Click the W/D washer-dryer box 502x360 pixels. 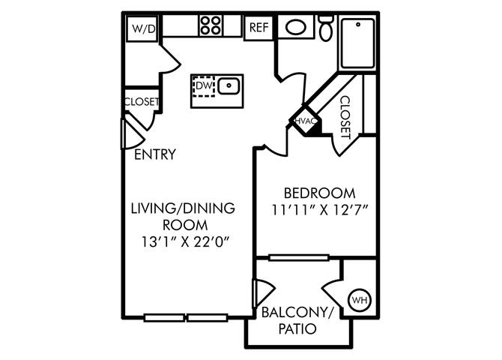142,28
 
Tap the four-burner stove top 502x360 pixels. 211,25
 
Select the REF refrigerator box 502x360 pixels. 258,28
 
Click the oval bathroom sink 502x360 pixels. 296,28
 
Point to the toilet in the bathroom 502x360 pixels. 326,28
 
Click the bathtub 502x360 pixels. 357,43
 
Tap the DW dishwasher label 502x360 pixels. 205,85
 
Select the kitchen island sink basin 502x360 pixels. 229,86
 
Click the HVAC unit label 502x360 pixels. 306,121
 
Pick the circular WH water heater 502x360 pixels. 360,300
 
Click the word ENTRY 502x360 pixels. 155,154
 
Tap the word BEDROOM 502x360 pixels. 319,193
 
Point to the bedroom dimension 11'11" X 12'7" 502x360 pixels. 319,210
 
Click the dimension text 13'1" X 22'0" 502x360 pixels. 185,241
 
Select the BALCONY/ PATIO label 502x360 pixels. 297,320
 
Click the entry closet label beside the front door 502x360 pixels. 142,101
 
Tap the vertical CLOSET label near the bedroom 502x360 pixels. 345,117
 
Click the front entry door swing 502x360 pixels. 132,134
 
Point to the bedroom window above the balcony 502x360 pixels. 299,257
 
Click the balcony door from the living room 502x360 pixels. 263,293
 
